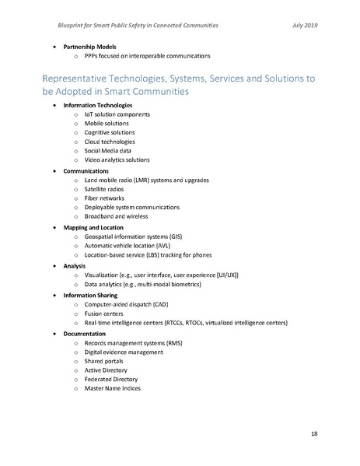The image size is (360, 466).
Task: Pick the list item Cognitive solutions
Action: pos(109,133)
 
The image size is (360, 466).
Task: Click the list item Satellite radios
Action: pos(107,189)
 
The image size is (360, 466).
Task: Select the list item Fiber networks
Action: pos(105,198)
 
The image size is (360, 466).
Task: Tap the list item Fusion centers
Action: pos(105,314)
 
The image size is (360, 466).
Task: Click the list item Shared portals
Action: pos(105,362)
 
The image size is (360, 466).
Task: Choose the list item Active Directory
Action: pos(107,371)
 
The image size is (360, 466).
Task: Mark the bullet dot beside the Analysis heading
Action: pos(54,266)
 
